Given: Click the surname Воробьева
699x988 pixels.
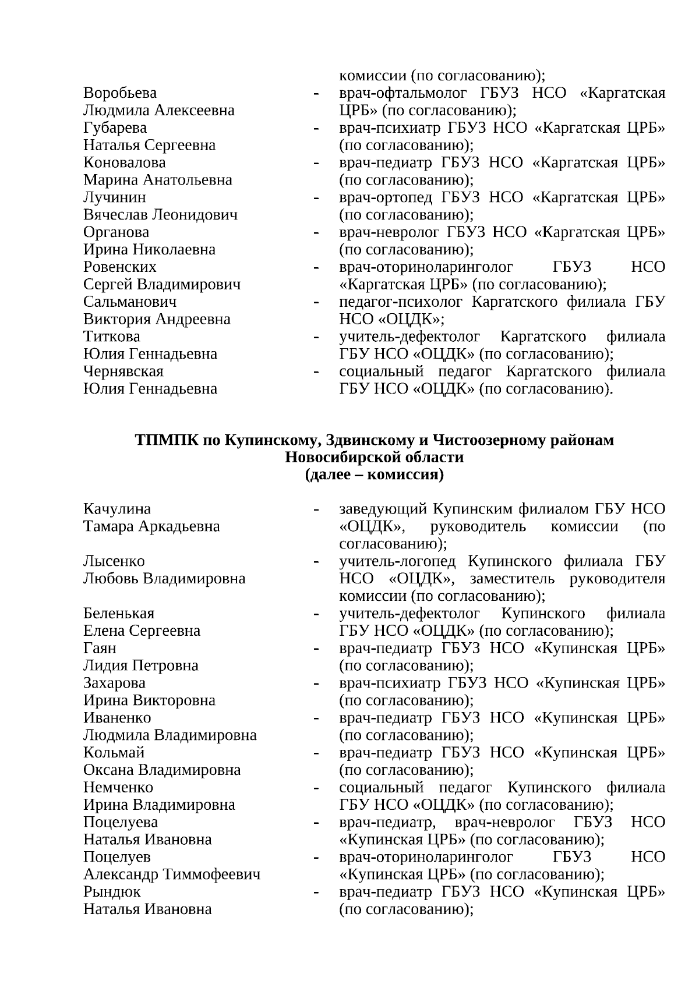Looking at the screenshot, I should (120, 93).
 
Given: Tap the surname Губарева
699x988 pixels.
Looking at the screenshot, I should (115, 128).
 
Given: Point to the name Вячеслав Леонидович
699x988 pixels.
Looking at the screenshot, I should (160, 215).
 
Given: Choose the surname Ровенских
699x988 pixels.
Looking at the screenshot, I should (120, 267).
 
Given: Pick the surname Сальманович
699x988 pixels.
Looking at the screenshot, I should (130, 302).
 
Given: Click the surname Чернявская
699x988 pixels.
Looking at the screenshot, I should (123, 371).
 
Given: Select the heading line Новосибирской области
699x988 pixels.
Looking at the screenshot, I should (374, 458).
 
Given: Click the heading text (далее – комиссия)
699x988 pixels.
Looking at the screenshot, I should (374, 475).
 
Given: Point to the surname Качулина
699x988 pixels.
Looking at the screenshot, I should (117, 509).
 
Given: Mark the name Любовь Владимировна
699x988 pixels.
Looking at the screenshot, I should (164, 579).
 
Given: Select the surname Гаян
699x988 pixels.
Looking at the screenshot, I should (100, 648).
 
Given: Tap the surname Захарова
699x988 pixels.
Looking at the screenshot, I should (114, 683).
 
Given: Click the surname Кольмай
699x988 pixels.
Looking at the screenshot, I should (114, 753).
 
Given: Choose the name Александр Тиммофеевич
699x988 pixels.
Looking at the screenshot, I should (172, 874).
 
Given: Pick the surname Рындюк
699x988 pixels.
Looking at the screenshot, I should (112, 892).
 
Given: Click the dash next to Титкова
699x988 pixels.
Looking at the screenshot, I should (316, 338).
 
